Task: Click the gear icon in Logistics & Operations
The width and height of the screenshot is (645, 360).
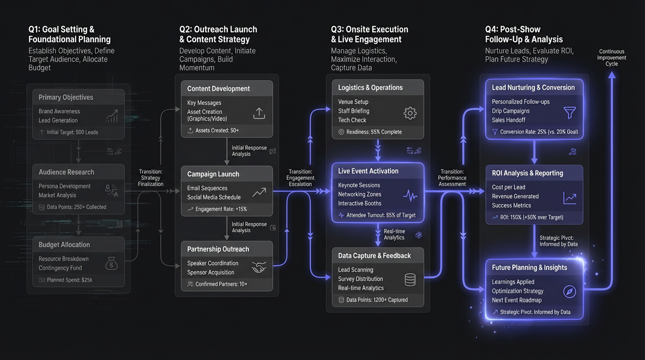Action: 410,113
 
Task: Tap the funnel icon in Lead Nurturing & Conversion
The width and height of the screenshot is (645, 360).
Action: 570,112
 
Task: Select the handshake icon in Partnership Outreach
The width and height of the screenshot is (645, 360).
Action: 259,268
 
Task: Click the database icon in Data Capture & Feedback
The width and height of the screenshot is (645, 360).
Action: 410,279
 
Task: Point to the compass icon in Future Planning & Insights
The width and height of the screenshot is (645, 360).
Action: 570,292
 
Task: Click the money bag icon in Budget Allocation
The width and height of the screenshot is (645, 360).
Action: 111,263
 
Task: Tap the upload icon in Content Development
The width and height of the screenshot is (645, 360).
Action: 259,113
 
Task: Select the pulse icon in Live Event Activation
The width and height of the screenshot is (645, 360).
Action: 410,195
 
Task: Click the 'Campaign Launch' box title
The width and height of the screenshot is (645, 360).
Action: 213,174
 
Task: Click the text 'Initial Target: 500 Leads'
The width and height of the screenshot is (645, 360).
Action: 72,132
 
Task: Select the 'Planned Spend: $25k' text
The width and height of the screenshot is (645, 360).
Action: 69,280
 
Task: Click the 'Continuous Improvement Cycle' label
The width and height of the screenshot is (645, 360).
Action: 612,58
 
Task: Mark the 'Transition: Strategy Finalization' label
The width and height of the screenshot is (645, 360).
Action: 150,178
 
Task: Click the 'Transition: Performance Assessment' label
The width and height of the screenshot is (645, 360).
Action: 452,178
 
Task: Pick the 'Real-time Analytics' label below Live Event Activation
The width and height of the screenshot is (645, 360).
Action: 394,234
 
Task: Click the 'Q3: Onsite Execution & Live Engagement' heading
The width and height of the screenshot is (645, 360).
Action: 369,34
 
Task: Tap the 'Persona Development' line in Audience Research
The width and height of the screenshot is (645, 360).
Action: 65,186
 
